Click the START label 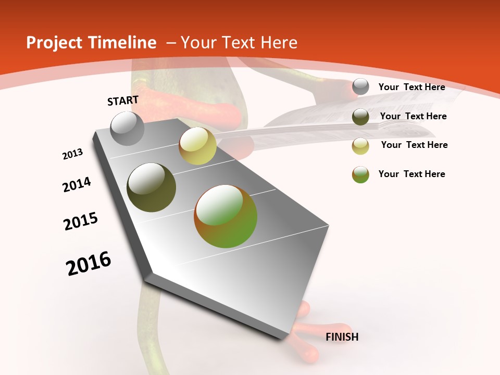point(123,101)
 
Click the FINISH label point(342,337)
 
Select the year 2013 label point(73,154)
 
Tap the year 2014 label point(77,184)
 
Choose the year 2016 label point(89,264)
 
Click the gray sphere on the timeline point(128,129)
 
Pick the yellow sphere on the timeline point(197,146)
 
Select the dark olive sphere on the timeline point(152,187)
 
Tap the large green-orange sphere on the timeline point(226,216)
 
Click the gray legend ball point(360,87)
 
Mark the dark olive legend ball point(360,117)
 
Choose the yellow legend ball point(360,146)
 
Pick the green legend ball point(360,174)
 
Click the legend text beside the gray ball point(411,87)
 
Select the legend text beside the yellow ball point(414,145)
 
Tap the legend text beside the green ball point(411,174)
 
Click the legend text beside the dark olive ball point(413,116)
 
